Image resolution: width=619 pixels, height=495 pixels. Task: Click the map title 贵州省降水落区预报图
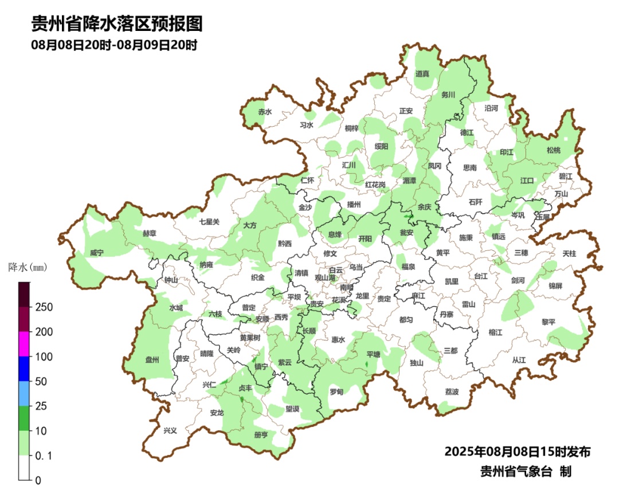click(x=117, y=24)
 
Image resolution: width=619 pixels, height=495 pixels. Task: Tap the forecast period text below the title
click(x=114, y=45)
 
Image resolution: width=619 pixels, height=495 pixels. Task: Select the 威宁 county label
click(x=97, y=253)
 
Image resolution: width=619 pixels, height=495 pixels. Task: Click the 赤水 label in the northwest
click(x=264, y=112)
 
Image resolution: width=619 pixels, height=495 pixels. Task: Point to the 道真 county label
click(x=422, y=73)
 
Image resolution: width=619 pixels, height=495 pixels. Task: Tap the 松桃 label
click(x=553, y=150)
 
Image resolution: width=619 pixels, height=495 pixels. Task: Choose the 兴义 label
click(x=170, y=430)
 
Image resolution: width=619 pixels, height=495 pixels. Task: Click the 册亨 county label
click(x=261, y=435)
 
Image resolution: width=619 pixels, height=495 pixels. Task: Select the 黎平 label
click(x=549, y=322)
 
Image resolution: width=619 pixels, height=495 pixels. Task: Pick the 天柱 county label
click(x=569, y=253)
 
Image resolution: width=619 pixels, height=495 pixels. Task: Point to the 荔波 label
click(x=452, y=392)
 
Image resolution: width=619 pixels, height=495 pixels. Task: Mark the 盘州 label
click(x=152, y=360)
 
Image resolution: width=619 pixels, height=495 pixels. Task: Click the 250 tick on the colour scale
click(x=44, y=307)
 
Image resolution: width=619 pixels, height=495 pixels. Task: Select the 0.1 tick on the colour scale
click(x=44, y=455)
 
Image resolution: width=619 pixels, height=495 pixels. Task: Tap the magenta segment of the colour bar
click(x=24, y=344)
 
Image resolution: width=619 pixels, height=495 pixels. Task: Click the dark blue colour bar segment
click(x=24, y=368)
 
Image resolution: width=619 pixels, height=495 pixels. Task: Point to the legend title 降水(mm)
click(x=27, y=267)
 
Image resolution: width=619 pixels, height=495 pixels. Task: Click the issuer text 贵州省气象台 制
click(x=526, y=471)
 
